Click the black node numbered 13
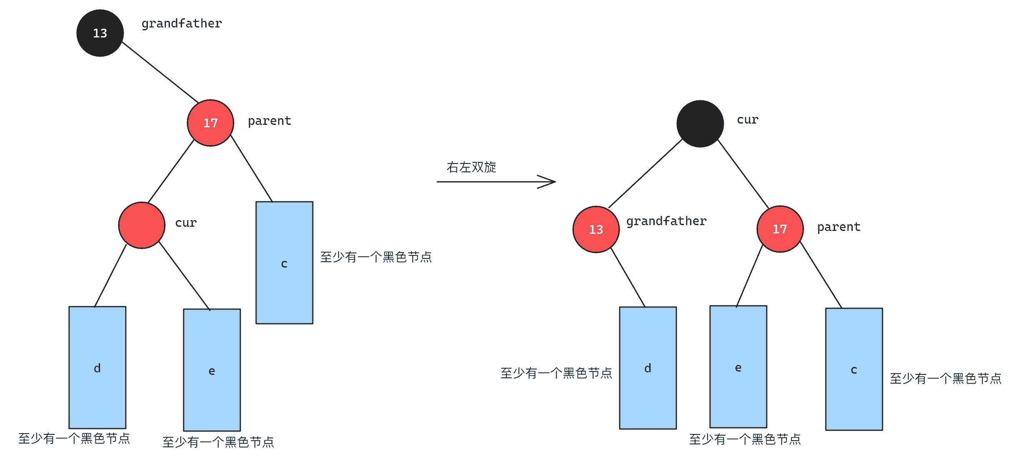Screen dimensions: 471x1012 click(100, 33)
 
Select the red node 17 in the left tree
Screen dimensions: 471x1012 click(210, 123)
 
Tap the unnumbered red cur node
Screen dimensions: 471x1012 click(142, 225)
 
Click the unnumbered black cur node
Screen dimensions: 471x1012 click(700, 124)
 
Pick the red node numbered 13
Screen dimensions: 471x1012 click(596, 229)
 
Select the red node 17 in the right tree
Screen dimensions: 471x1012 click(780, 229)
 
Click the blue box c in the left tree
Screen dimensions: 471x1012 click(284, 263)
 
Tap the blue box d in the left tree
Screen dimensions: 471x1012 click(97, 367)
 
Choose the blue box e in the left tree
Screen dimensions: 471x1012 click(212, 370)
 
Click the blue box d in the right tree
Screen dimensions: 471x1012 click(648, 368)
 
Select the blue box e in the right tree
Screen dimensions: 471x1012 click(738, 367)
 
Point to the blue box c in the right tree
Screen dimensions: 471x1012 click(854, 369)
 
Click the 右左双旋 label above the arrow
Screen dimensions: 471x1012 click(471, 167)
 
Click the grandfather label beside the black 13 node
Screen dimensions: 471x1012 click(182, 24)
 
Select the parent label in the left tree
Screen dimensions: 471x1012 click(269, 121)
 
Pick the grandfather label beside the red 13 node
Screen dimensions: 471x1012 click(666, 221)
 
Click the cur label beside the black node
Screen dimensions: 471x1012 click(748, 120)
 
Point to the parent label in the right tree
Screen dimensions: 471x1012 click(839, 227)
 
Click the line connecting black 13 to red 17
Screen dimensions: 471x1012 click(160, 72)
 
